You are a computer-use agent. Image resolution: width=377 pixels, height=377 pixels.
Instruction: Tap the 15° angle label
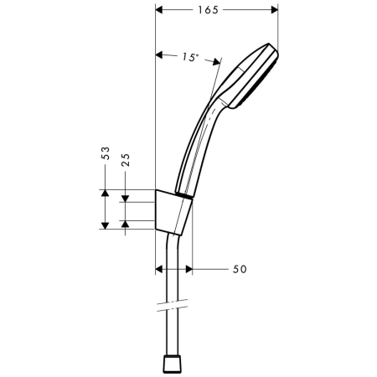pyautogui.click(x=190, y=58)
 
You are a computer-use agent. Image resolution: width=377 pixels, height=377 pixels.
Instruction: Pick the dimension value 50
pyautogui.click(x=240, y=270)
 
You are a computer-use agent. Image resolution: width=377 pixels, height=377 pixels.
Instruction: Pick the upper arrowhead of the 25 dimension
pyautogui.click(x=126, y=198)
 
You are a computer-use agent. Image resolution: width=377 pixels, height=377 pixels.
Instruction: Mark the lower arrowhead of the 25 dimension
pyautogui.click(x=126, y=219)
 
